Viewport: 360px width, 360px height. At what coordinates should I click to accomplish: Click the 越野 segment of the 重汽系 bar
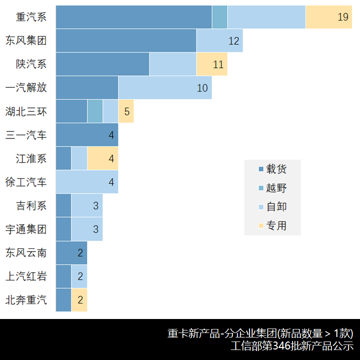219,17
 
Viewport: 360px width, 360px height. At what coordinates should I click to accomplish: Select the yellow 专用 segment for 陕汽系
211,64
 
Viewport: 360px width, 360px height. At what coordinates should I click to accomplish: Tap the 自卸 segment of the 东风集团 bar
219,40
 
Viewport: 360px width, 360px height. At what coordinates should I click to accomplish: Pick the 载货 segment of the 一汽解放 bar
87,87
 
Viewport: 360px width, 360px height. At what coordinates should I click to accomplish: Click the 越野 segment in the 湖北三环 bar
95,111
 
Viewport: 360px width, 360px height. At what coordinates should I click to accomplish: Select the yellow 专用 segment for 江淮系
102,158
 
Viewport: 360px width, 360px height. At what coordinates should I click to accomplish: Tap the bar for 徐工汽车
87,182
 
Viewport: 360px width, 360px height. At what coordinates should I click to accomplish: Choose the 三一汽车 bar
87,135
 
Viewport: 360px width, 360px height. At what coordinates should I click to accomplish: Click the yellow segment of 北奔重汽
79,300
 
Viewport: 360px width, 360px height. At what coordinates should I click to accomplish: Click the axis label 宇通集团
26,229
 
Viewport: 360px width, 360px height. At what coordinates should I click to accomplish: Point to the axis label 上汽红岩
26,276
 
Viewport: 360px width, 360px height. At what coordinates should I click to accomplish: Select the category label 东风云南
26,253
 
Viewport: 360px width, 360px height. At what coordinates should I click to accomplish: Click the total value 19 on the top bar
342,17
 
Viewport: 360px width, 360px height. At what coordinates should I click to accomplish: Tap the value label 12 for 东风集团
234,41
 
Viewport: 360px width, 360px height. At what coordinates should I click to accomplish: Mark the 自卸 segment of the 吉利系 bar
87,205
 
